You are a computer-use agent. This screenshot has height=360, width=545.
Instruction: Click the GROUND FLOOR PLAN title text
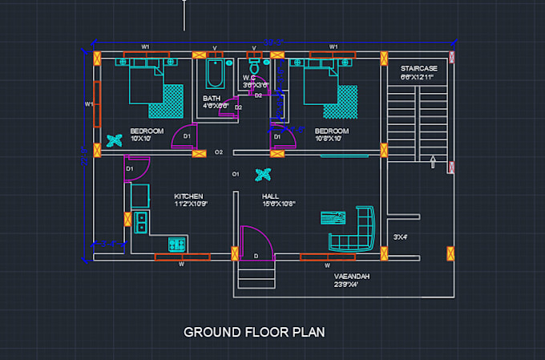point(254,331)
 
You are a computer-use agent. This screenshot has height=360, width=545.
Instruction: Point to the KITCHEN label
point(188,196)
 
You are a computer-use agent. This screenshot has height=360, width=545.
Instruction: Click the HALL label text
point(271,196)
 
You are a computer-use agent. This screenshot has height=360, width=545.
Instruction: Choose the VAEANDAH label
point(352,276)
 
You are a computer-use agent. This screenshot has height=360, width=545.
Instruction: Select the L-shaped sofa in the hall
point(356,233)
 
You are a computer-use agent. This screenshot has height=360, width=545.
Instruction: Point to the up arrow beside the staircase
point(433,163)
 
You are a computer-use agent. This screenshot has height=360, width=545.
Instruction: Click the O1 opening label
point(236,174)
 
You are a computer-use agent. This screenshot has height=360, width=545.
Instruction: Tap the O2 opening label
point(219,152)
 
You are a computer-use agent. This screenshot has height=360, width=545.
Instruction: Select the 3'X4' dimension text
point(400,237)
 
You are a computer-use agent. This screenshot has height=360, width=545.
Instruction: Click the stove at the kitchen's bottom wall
point(177,243)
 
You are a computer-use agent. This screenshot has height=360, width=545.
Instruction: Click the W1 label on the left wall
point(89,104)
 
